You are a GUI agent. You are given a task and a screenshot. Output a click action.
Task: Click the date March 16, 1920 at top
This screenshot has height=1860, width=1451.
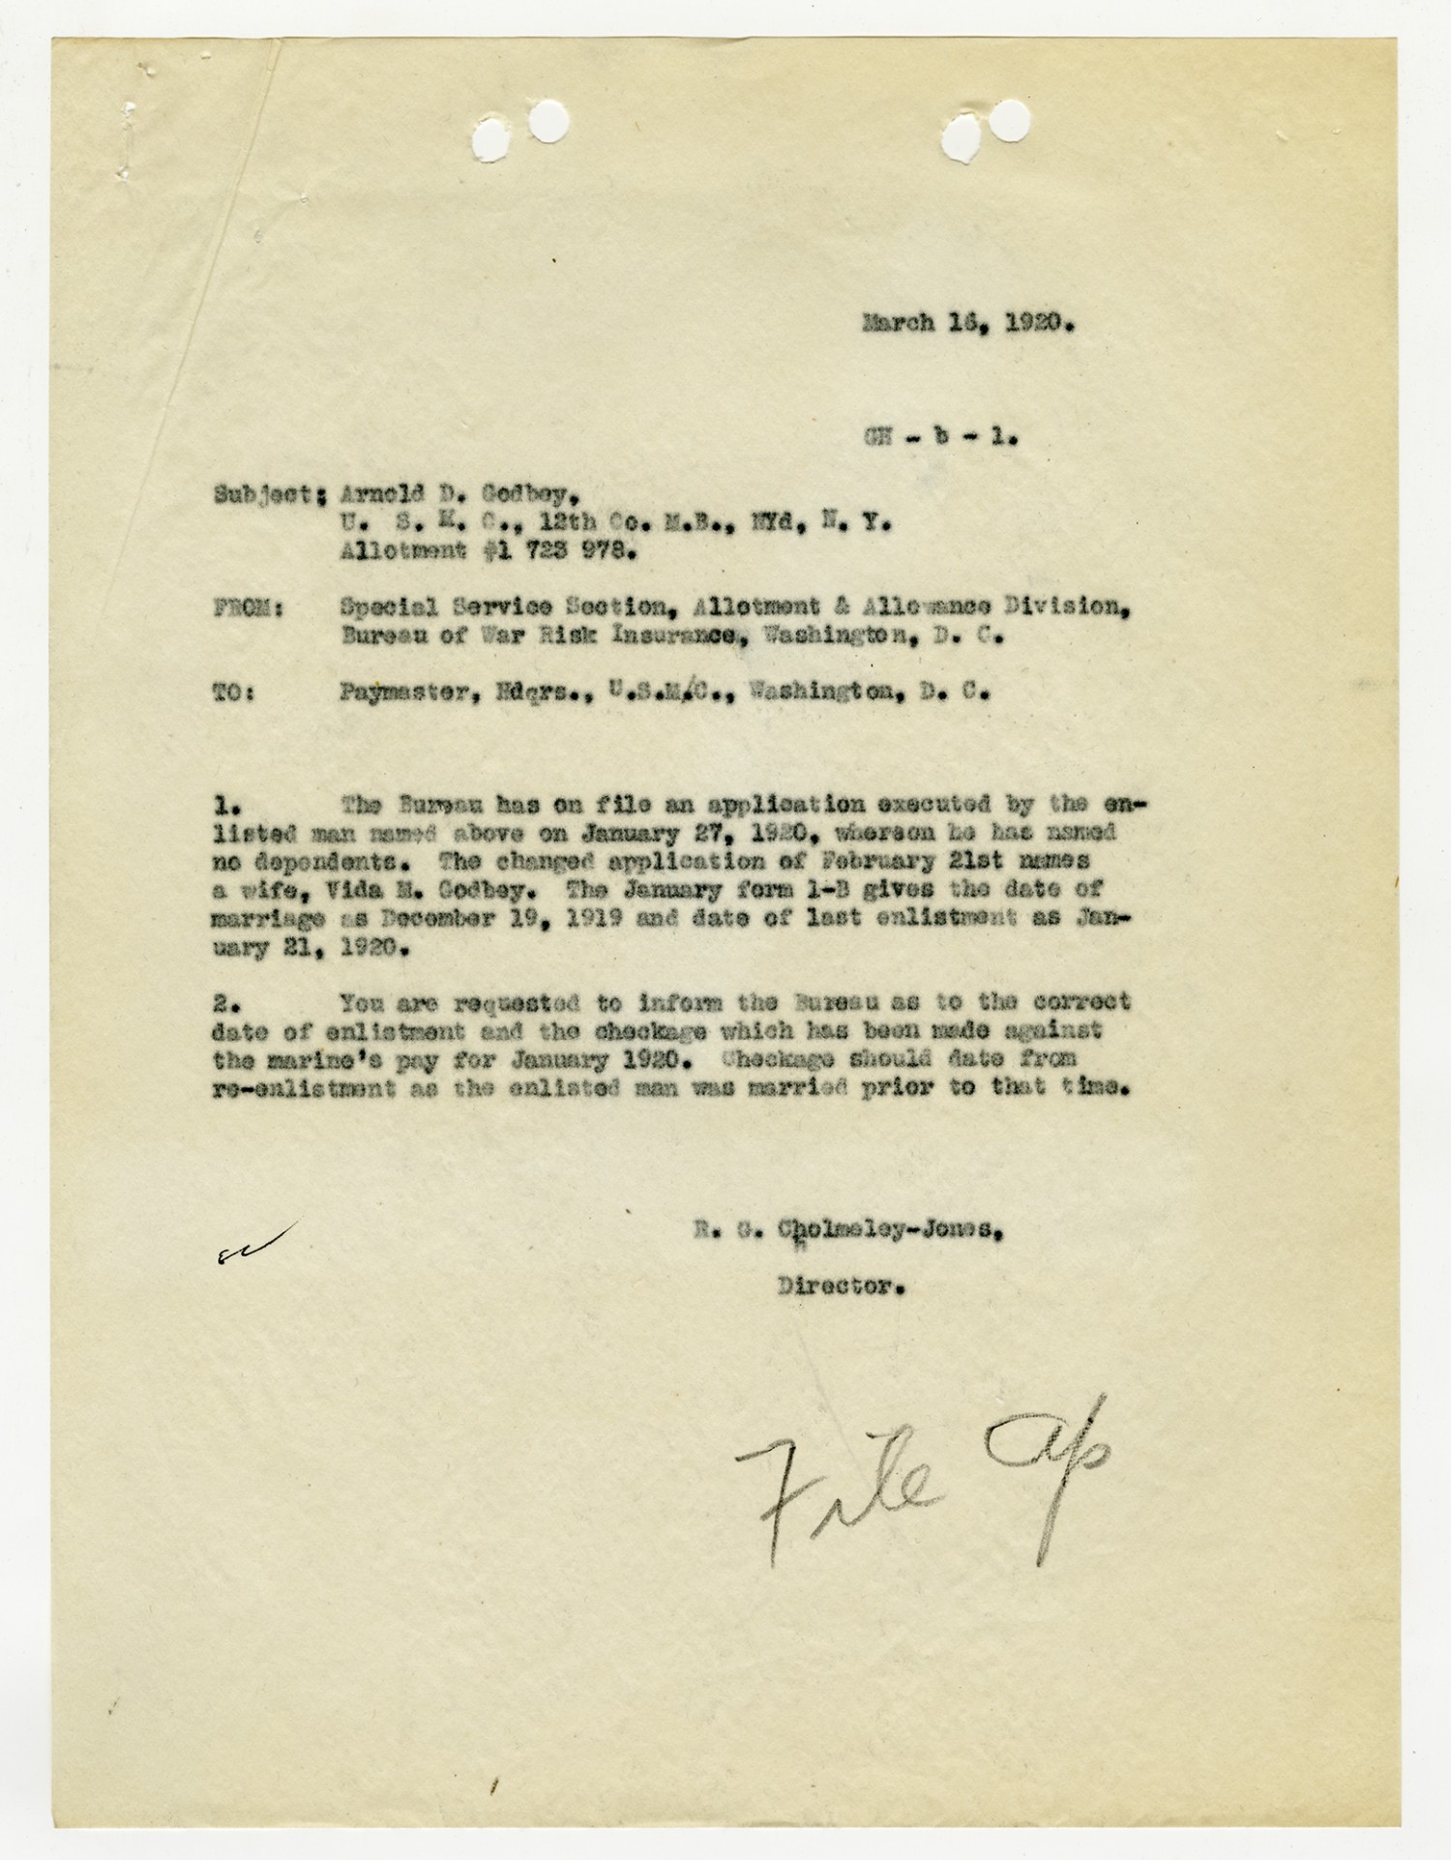[968, 323]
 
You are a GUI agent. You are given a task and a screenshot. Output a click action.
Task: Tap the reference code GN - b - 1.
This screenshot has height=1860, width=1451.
[940, 436]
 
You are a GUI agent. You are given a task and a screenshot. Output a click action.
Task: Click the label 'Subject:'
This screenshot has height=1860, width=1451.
[268, 493]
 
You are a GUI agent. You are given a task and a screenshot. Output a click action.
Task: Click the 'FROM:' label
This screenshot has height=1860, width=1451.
[248, 608]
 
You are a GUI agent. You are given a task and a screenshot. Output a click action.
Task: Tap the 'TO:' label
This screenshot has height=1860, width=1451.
[233, 694]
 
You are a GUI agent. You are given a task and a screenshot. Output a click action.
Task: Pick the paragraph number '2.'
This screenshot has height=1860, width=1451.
[226, 1002]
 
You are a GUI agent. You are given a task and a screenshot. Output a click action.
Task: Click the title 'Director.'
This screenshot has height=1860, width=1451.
[841, 1287]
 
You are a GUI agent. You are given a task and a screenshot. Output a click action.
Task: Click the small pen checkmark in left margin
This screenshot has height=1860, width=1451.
[256, 1241]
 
